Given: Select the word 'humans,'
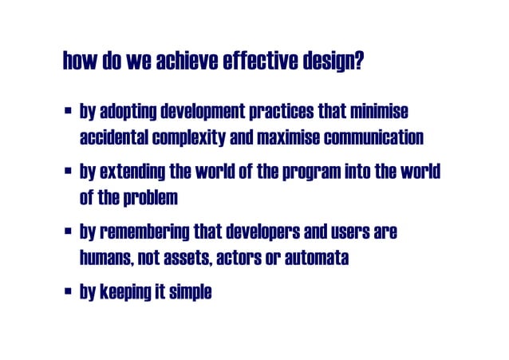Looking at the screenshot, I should (x=106, y=259).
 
